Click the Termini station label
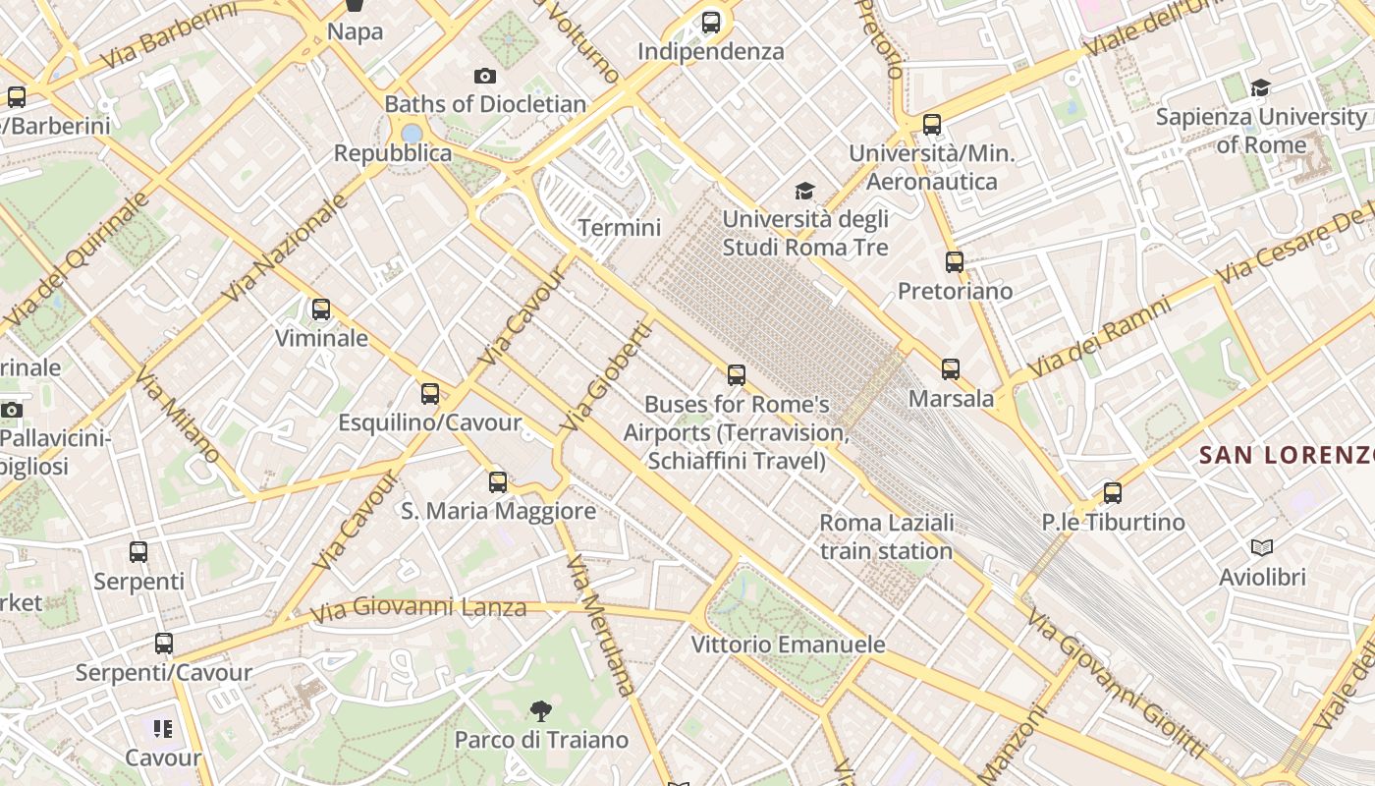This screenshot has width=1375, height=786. (x=619, y=228)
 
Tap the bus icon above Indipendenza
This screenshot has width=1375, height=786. (x=711, y=22)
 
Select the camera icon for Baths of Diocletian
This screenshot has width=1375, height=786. (x=484, y=76)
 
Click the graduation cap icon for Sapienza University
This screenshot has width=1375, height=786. (x=1260, y=88)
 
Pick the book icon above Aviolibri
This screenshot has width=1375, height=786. (x=1262, y=547)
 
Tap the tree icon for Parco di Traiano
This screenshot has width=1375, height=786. (x=540, y=710)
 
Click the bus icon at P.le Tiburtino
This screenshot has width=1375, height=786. (x=1112, y=492)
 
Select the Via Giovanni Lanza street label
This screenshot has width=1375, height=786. (x=418, y=609)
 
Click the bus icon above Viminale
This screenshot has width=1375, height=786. (x=321, y=309)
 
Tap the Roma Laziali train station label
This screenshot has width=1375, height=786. (x=886, y=536)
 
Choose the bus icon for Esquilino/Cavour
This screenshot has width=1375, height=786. (x=430, y=394)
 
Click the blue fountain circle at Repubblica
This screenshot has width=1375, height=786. (x=412, y=133)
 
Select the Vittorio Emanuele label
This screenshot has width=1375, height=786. (x=788, y=645)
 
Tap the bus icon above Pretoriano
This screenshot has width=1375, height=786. (x=955, y=262)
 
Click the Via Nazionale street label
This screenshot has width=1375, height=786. (x=286, y=248)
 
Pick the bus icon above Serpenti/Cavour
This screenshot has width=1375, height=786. (x=164, y=644)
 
